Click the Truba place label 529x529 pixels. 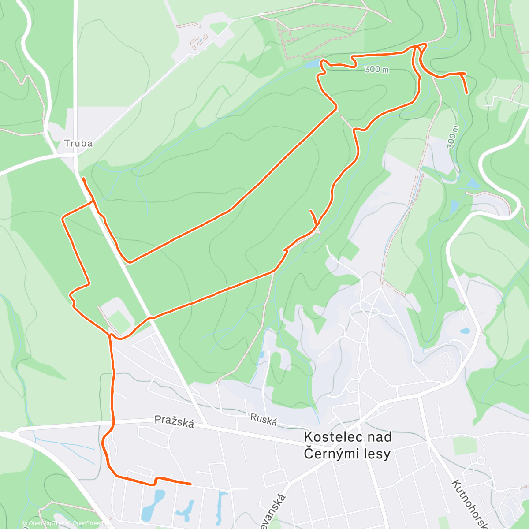(78, 143)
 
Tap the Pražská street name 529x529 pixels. (174, 422)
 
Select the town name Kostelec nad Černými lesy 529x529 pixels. (348, 445)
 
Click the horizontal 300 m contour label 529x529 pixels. (377, 70)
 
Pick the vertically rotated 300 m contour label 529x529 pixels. (453, 137)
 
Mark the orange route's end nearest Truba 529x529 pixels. (83, 178)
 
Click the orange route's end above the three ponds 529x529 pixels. (190, 484)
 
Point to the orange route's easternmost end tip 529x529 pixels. (467, 93)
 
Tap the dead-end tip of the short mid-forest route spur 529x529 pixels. (311, 211)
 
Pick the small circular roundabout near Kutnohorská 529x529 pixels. (481, 461)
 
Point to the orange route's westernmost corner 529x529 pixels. (63, 217)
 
